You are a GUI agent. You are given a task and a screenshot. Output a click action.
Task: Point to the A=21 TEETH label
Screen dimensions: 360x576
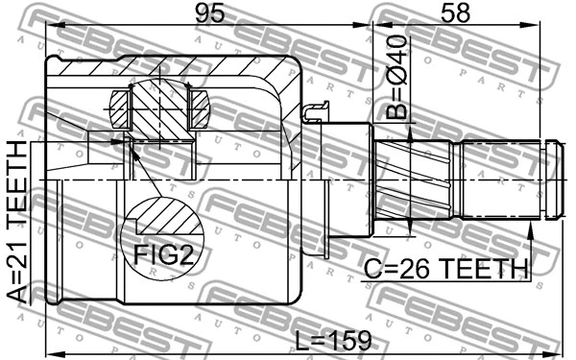(16, 222)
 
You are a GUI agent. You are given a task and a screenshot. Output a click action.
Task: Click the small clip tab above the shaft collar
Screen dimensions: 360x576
(316, 114)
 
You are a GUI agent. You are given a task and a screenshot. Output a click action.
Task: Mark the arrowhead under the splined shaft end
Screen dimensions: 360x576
(529, 228)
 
